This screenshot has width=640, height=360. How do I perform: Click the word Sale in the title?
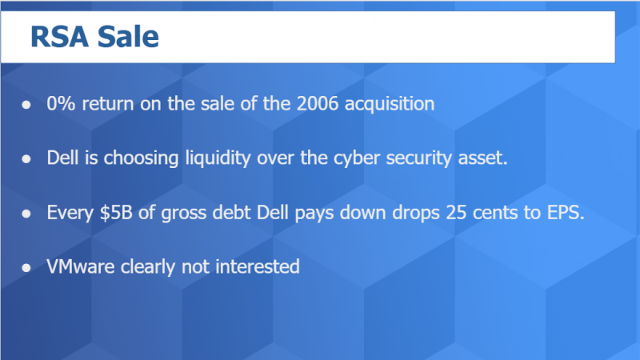(x=128, y=37)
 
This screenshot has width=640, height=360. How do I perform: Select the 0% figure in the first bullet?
(x=60, y=104)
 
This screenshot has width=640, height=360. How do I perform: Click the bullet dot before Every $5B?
(x=27, y=213)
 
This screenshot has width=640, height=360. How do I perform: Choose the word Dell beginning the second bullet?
(x=62, y=158)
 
